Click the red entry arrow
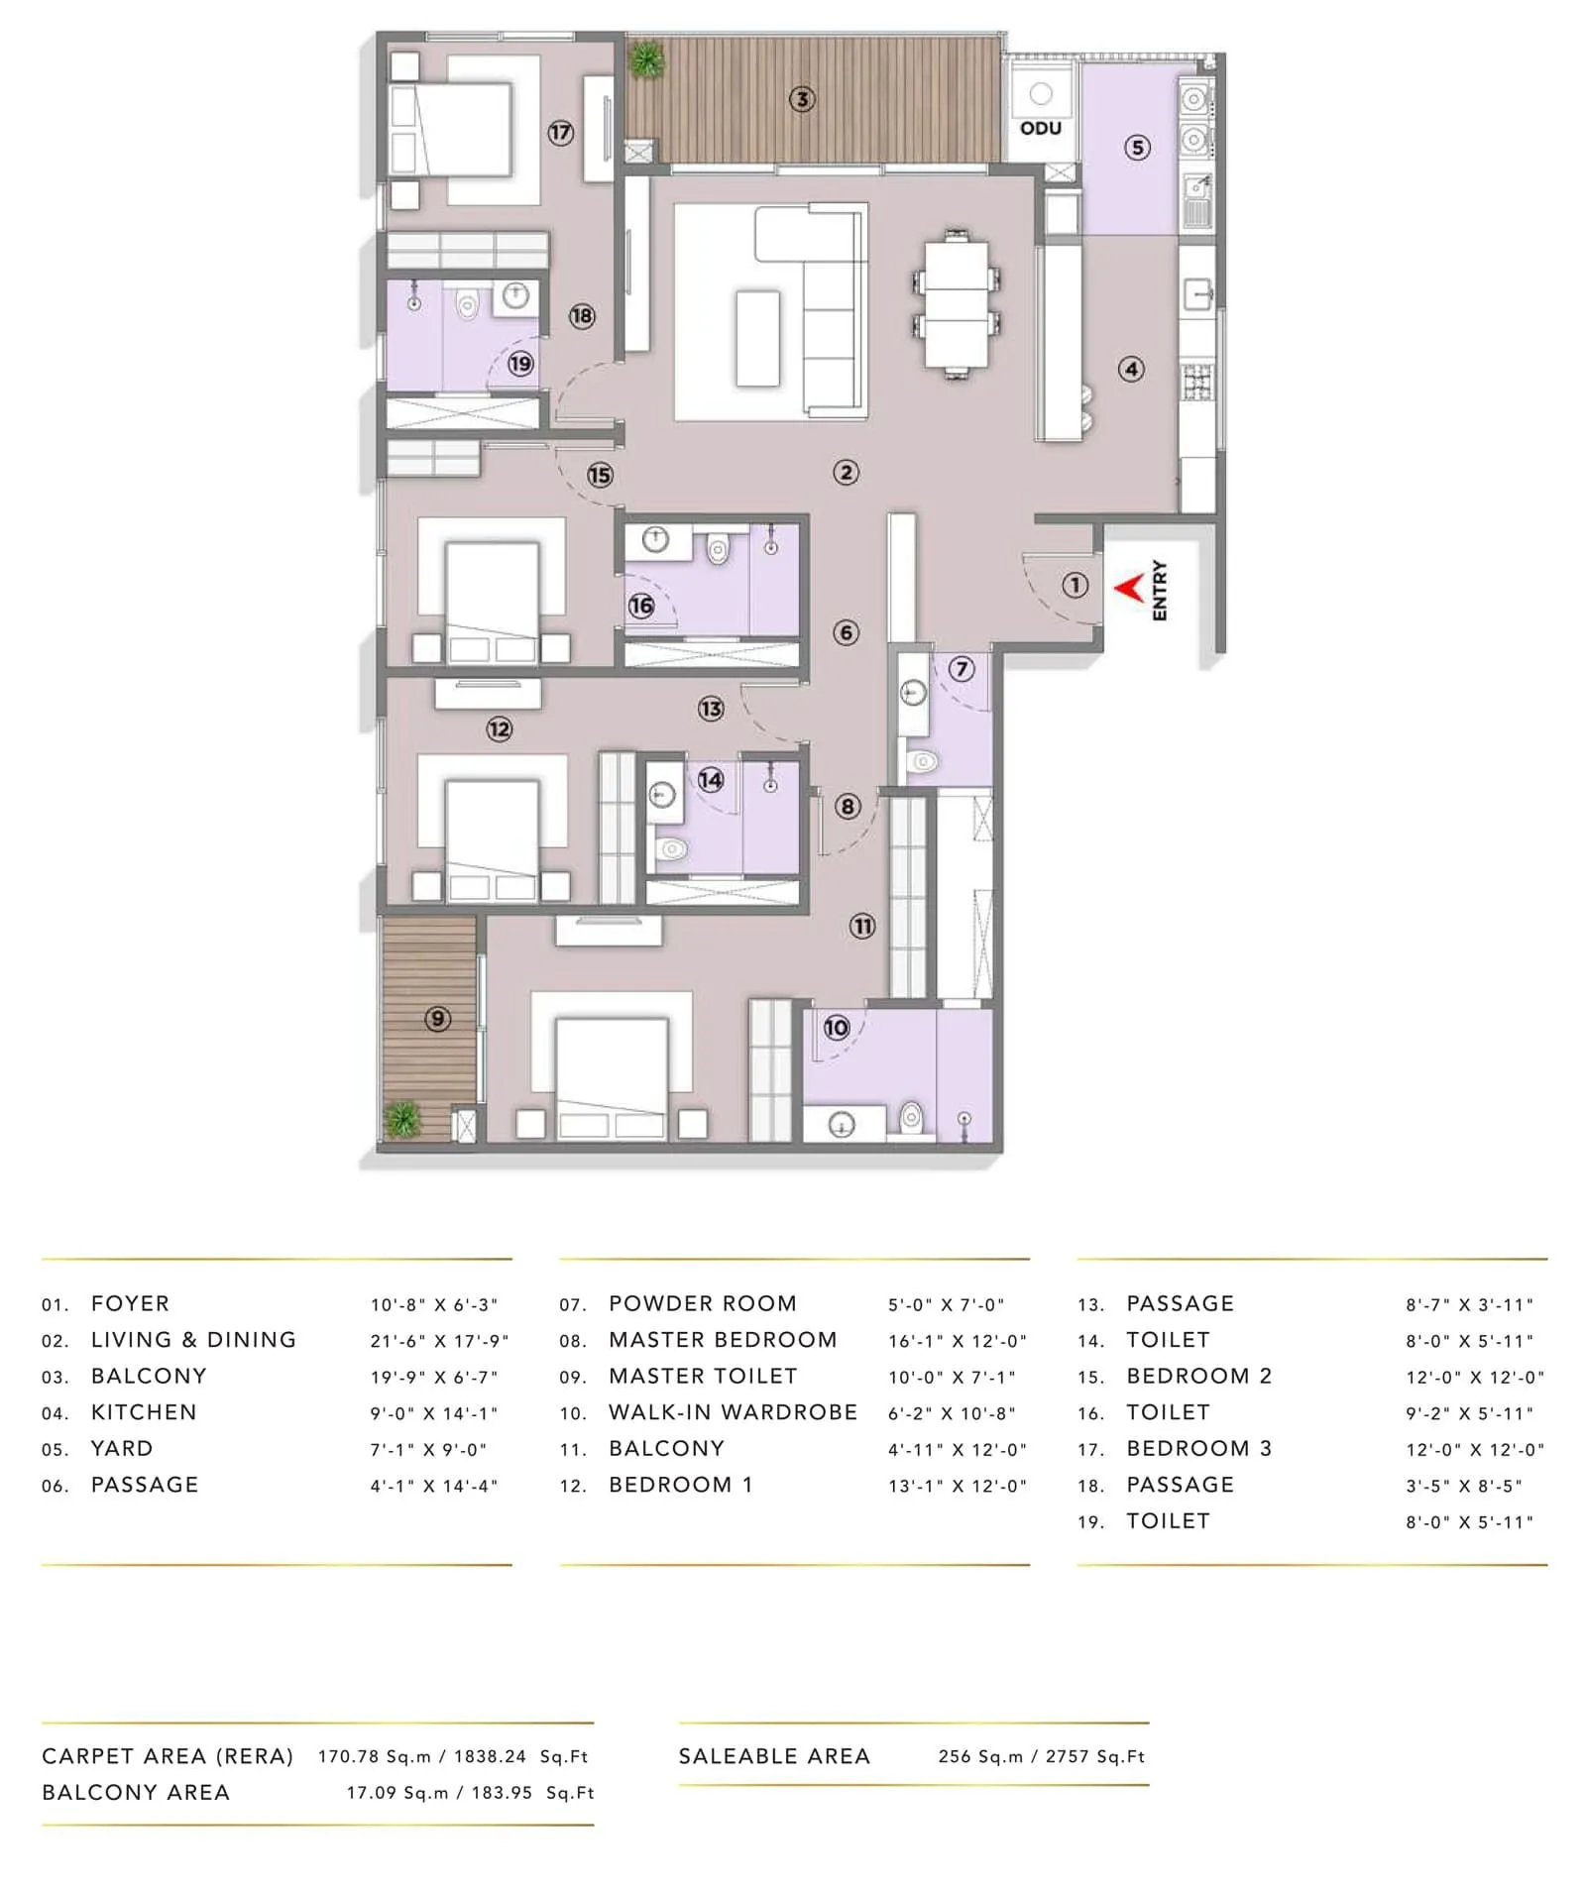[1128, 589]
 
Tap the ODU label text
[1041, 128]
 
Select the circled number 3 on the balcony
[802, 99]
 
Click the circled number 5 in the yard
[1137, 148]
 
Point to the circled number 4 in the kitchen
[1131, 370]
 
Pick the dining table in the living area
[956, 303]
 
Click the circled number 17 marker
[561, 132]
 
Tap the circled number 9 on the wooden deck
[437, 1018]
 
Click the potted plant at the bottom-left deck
[402, 1119]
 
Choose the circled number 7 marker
[961, 669]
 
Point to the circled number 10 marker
[837, 1028]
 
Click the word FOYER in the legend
[130, 1303]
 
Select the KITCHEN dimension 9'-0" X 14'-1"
[433, 1413]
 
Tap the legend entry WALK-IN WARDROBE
[733, 1412]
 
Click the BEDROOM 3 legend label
[1198, 1448]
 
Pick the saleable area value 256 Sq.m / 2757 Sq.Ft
[1041, 1756]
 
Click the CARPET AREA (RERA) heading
[168, 1756]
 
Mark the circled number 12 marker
[499, 729]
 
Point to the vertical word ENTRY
[1160, 591]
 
